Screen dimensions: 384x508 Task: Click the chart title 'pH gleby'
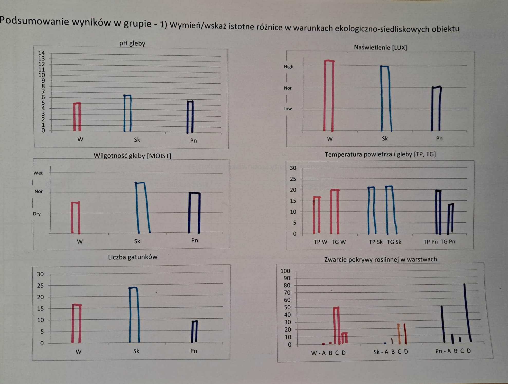pyautogui.click(x=132, y=43)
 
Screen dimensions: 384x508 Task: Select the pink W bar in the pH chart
pyautogui.click(x=77, y=117)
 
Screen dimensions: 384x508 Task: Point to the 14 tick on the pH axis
pyautogui.click(x=41, y=53)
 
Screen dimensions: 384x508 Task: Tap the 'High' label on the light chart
pyautogui.click(x=288, y=67)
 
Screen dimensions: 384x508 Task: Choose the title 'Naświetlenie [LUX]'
pyautogui.click(x=380, y=47)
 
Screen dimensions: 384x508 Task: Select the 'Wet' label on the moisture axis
pyautogui.click(x=38, y=173)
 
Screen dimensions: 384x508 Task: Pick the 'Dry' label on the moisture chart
pyautogui.click(x=37, y=214)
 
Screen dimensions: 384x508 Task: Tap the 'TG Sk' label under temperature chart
pyautogui.click(x=394, y=242)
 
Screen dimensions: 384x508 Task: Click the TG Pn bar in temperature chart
pyautogui.click(x=450, y=219)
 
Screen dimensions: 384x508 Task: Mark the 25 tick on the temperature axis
pyautogui.click(x=293, y=179)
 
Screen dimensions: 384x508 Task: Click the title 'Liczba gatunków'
pyautogui.click(x=133, y=257)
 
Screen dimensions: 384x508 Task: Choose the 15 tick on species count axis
pyautogui.click(x=40, y=309)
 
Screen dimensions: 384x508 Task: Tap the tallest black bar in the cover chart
pyautogui.click(x=467, y=313)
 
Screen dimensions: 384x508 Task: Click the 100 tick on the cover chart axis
pyautogui.click(x=285, y=271)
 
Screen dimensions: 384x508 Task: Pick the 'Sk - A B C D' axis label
pyautogui.click(x=391, y=352)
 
